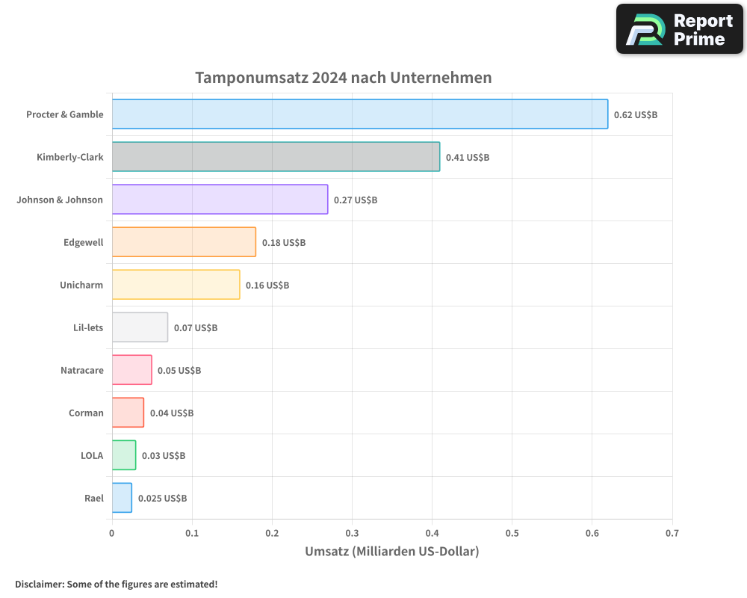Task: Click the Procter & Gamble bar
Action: [x=359, y=114]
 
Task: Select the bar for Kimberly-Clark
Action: [x=276, y=157]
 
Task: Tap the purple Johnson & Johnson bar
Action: [x=220, y=200]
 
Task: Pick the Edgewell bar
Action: [x=184, y=242]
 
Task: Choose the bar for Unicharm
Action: [x=176, y=285]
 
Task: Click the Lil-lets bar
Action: [x=140, y=327]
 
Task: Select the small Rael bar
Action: [x=122, y=498]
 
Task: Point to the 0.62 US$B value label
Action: [x=635, y=115]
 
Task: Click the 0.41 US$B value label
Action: [x=468, y=158]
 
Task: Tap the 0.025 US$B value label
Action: [x=162, y=499]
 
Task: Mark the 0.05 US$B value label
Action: [x=179, y=371]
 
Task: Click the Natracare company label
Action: [x=82, y=370]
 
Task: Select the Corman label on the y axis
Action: [x=86, y=413]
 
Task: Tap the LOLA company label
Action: [x=92, y=455]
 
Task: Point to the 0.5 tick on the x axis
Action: [x=512, y=534]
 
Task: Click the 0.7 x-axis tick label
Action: [x=672, y=534]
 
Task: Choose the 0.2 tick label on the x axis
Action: [x=272, y=534]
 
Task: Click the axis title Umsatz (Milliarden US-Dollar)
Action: [x=391, y=552]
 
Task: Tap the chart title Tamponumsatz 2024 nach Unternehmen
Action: [x=343, y=78]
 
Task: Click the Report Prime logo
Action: [x=679, y=29]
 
